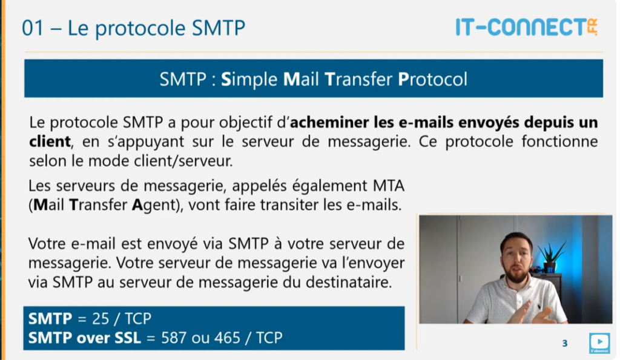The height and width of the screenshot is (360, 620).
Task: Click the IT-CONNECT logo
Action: [x=527, y=27]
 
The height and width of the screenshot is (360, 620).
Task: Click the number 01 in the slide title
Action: [x=33, y=28]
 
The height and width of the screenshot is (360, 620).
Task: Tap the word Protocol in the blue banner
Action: [x=432, y=79]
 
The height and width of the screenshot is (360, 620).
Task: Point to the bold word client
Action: [x=50, y=142]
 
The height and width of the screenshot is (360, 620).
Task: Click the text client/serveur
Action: [x=183, y=161]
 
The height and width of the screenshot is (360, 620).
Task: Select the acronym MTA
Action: [x=388, y=185]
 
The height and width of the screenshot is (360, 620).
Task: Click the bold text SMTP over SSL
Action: [x=84, y=338]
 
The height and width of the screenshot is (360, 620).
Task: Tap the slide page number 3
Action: [x=565, y=344]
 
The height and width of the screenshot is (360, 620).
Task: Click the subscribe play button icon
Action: [x=599, y=342]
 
